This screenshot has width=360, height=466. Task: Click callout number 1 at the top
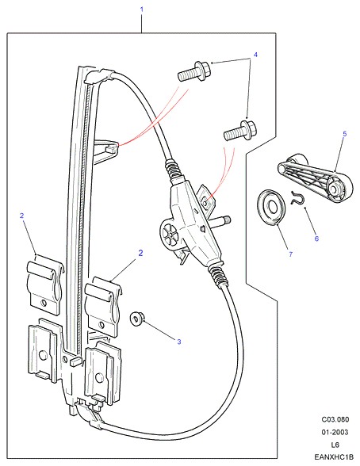click(x=141, y=10)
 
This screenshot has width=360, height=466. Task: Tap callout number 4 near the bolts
click(x=255, y=55)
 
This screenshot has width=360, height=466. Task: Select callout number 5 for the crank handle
click(x=345, y=134)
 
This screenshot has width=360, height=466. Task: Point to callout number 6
click(x=316, y=239)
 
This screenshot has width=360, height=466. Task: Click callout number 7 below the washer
click(x=291, y=254)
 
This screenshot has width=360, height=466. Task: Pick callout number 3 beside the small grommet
click(x=179, y=342)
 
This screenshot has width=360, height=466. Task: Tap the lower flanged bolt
click(x=240, y=131)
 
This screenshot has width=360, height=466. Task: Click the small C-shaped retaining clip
click(x=297, y=198)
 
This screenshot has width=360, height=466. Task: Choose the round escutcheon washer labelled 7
click(x=271, y=207)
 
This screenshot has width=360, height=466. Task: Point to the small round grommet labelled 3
click(x=137, y=319)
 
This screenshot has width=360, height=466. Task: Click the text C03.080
click(x=335, y=420)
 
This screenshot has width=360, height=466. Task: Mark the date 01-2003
click(x=335, y=432)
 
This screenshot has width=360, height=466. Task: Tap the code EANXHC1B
click(x=334, y=456)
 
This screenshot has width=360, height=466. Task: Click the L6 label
click(x=335, y=445)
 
